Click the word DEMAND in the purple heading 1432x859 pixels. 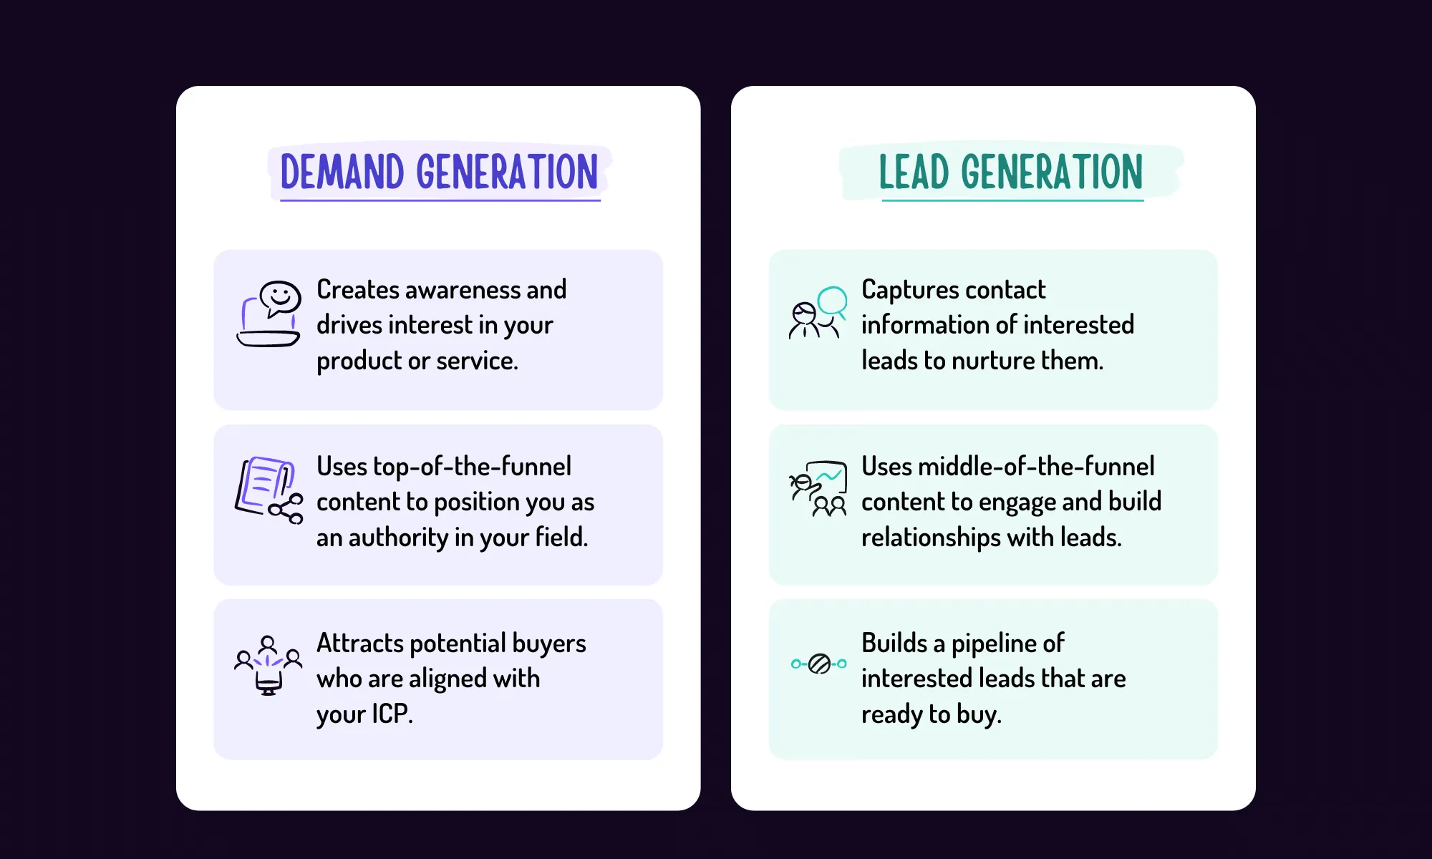[x=342, y=173]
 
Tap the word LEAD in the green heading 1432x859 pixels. [x=913, y=173]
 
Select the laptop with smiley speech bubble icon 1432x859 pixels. [x=269, y=314]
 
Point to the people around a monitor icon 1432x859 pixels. [x=268, y=666]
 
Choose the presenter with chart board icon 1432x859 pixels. [x=818, y=489]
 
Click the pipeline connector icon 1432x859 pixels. [x=818, y=664]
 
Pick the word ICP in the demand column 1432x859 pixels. [x=390, y=714]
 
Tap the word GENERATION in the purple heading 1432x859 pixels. [x=507, y=173]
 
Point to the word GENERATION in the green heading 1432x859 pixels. [x=1051, y=173]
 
